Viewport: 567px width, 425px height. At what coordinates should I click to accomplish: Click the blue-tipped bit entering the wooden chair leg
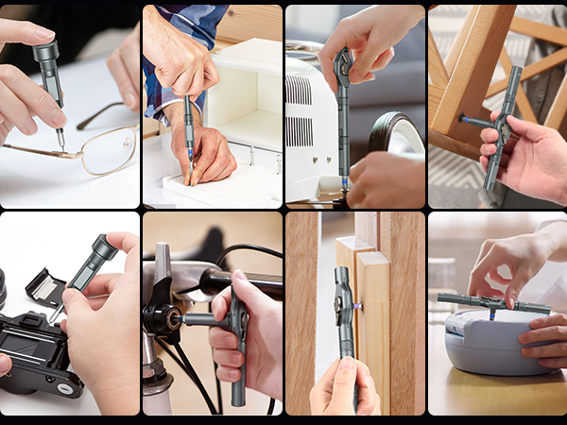click(464, 121)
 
